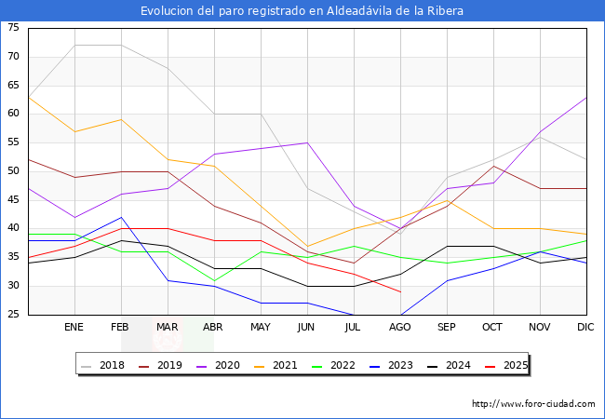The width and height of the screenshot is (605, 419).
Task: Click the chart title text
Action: tap(302, 11)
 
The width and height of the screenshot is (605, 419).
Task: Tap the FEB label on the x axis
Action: tap(121, 328)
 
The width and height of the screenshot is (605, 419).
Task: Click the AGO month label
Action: tap(400, 328)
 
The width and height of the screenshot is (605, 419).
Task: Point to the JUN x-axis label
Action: tap(307, 328)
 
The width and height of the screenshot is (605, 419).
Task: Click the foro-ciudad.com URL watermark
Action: tap(533, 404)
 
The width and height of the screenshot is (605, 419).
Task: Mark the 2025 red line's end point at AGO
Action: tap(400, 291)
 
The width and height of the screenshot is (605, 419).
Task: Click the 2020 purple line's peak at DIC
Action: tap(586, 97)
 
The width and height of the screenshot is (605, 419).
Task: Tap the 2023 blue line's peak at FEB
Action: tap(121, 217)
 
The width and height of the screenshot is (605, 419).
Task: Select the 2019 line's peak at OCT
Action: tap(493, 166)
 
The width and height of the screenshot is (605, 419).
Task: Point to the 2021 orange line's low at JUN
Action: tap(307, 246)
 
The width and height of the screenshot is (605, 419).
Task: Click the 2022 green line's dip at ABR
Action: tap(214, 280)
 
